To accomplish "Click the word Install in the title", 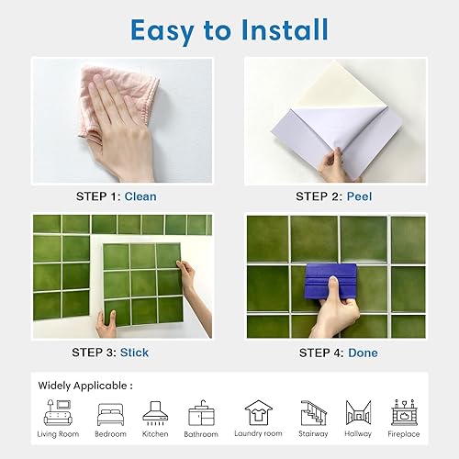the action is click(x=285, y=30).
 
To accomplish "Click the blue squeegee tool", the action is click(x=330, y=282).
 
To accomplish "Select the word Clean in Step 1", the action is click(x=140, y=196).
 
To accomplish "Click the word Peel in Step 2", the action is click(x=359, y=196).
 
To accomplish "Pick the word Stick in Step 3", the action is click(x=134, y=353).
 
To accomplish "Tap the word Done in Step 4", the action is click(x=363, y=353).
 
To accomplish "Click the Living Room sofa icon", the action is click(x=58, y=412).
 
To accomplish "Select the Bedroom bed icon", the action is click(x=110, y=415).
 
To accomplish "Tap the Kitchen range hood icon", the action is click(x=155, y=413).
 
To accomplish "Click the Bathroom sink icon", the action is click(x=201, y=413).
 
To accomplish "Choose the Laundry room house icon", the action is click(x=258, y=412).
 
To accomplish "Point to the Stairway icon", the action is click(x=313, y=413).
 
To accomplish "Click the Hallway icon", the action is click(x=358, y=412).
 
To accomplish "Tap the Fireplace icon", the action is click(x=404, y=412).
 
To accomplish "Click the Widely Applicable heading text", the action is click(x=85, y=386).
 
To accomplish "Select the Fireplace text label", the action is click(x=404, y=434).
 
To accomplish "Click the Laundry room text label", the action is click(x=258, y=433).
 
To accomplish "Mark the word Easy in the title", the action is click(x=162, y=31).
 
